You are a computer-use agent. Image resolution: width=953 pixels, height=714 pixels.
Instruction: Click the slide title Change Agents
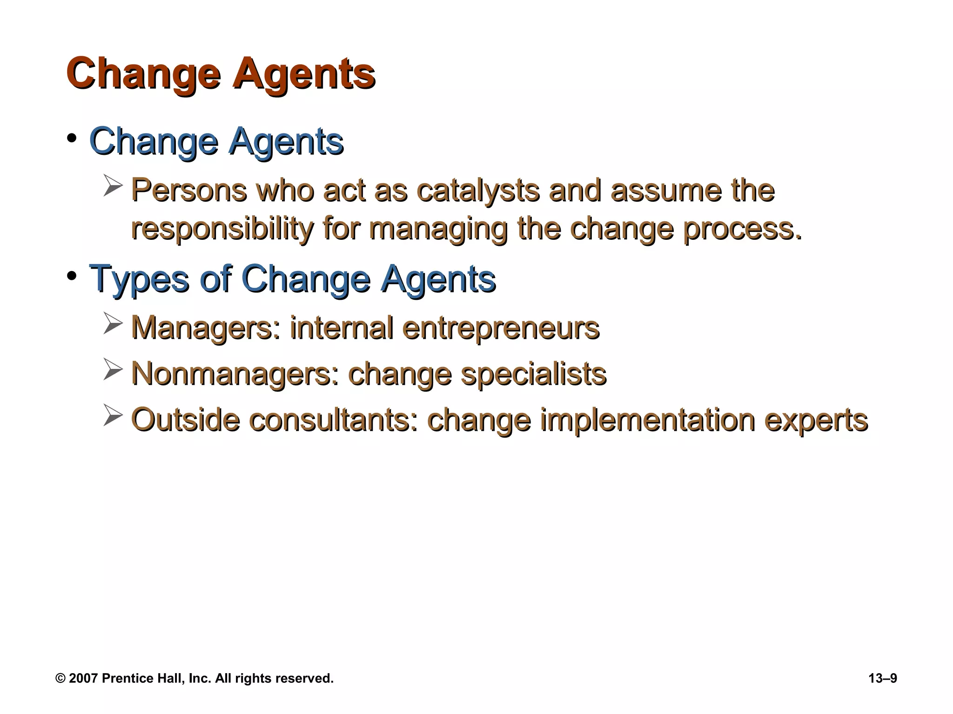(x=221, y=73)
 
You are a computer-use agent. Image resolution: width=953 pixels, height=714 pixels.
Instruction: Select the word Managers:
(x=207, y=328)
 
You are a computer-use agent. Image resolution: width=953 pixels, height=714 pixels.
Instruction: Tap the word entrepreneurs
(x=501, y=328)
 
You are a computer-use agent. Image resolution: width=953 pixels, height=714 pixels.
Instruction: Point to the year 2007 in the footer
(x=83, y=679)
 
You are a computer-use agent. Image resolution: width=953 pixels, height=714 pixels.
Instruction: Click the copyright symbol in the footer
(x=60, y=679)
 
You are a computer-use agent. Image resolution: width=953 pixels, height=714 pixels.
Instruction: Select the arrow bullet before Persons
(x=113, y=186)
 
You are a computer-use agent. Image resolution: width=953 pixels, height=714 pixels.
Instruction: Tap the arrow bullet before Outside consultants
(x=113, y=415)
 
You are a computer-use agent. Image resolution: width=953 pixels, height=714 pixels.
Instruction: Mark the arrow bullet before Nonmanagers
(x=113, y=370)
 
